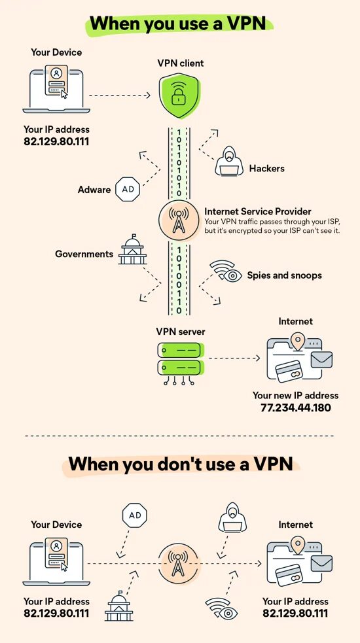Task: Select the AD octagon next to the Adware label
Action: [x=128, y=190]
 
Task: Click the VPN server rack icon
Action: [x=180, y=363]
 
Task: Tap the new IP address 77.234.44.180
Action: [x=296, y=408]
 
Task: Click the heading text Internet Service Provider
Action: [x=258, y=211]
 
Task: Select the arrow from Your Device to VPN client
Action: [x=120, y=96]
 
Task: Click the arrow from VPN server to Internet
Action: [x=234, y=358]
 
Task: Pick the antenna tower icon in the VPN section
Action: [x=179, y=222]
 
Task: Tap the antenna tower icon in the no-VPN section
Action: [x=179, y=562]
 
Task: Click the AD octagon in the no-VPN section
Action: [x=135, y=515]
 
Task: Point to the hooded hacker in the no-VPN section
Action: [x=233, y=517]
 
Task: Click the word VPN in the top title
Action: [x=251, y=23]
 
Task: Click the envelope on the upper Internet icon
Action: [x=321, y=359]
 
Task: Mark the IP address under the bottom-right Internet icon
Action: [x=296, y=614]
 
